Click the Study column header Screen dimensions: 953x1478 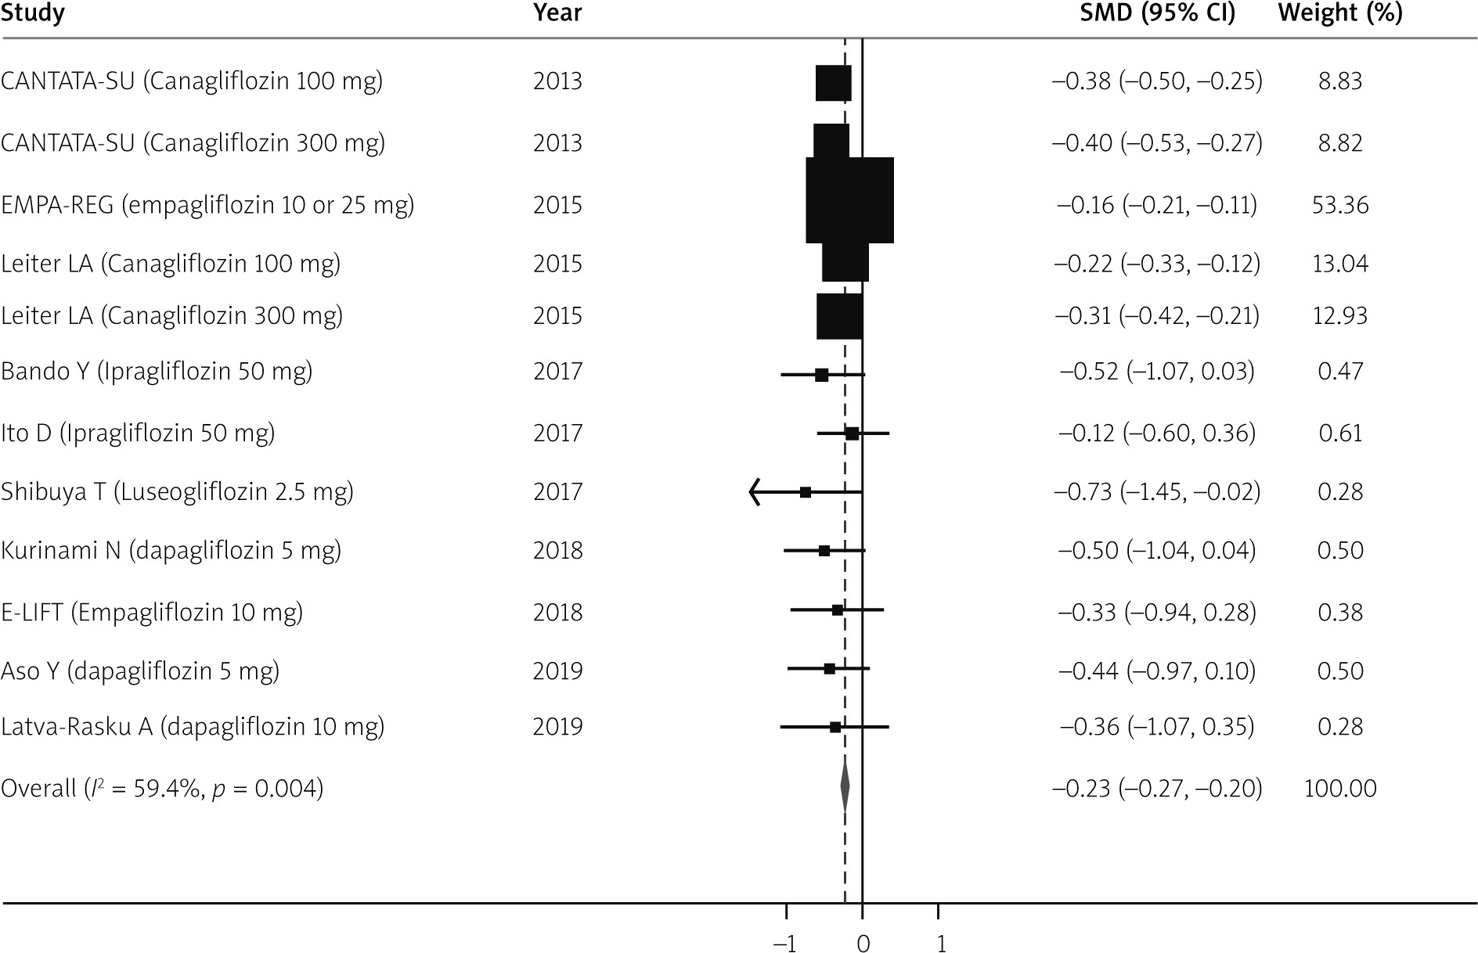tap(33, 13)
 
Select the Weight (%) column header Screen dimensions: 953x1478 tap(1339, 13)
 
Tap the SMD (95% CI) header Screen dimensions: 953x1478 tap(1157, 13)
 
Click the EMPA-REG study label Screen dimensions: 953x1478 tap(207, 205)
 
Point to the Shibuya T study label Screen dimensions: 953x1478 tap(177, 492)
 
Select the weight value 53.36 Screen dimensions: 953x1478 tap(1340, 205)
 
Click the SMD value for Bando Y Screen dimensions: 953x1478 tap(1157, 371)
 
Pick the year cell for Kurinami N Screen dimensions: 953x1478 tap(557, 551)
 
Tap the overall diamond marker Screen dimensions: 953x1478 tap(845, 788)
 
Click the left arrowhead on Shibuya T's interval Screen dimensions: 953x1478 tap(754, 492)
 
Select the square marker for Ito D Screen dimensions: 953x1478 tap(853, 433)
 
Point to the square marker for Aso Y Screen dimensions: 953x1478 tap(830, 669)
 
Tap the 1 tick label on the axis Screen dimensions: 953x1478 tap(940, 944)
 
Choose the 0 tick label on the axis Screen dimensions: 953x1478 tap(863, 944)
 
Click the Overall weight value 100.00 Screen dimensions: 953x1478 tap(1340, 788)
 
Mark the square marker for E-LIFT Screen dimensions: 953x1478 tap(838, 610)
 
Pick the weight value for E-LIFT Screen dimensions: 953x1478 tap(1340, 612)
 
